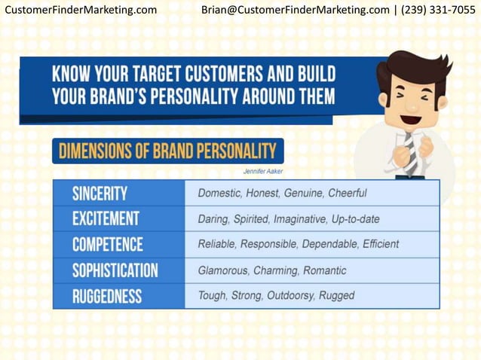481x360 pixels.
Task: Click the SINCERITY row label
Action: (100, 194)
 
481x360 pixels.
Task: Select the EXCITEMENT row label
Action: (106, 219)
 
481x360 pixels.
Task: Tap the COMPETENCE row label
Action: (107, 245)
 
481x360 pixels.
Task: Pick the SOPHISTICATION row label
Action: (115, 270)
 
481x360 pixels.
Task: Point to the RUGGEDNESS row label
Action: (106, 296)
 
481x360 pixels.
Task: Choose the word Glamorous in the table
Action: (222, 270)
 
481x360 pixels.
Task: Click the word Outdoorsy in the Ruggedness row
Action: (291, 296)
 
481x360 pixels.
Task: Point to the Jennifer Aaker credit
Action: (263, 171)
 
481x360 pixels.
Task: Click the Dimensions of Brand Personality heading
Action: (167, 151)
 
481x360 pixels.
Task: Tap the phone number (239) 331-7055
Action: (438, 10)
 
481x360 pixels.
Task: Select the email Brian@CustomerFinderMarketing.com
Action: (295, 10)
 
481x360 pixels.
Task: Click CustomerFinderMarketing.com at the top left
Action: (81, 10)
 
